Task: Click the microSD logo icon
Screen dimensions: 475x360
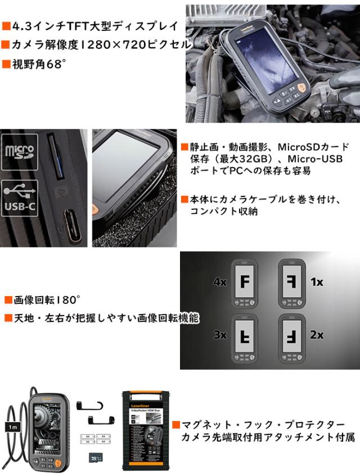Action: (19, 153)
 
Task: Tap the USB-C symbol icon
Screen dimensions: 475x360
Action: (19, 198)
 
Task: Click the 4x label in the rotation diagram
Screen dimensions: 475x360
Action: (220, 281)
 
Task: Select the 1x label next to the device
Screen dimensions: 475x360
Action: (317, 281)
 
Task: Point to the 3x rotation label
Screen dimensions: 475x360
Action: (220, 335)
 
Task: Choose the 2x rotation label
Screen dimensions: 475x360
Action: (317, 335)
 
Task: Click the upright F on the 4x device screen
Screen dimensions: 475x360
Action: (245, 280)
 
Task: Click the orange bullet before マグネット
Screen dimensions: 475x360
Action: (175, 425)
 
